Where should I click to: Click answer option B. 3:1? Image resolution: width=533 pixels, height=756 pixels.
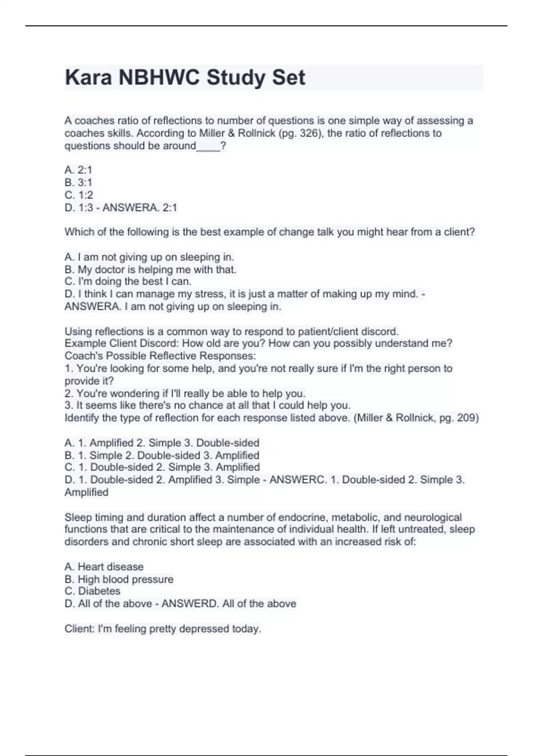coord(78,182)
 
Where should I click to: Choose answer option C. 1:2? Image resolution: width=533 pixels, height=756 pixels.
coord(79,195)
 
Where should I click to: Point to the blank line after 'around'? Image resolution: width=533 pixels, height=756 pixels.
coord(208,146)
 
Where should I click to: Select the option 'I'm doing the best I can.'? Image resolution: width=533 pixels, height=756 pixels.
coord(128,281)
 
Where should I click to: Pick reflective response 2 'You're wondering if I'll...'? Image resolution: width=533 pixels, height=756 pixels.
coord(185,394)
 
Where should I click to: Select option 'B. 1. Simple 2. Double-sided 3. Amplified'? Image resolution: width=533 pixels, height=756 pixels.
coord(162,455)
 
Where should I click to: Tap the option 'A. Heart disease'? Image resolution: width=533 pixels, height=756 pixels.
coord(104,567)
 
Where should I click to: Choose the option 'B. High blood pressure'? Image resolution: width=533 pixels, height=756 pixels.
coord(119,579)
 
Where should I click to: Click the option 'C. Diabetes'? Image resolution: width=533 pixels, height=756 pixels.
coord(92,591)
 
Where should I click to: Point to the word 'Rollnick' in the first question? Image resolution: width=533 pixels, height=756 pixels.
coord(256,133)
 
